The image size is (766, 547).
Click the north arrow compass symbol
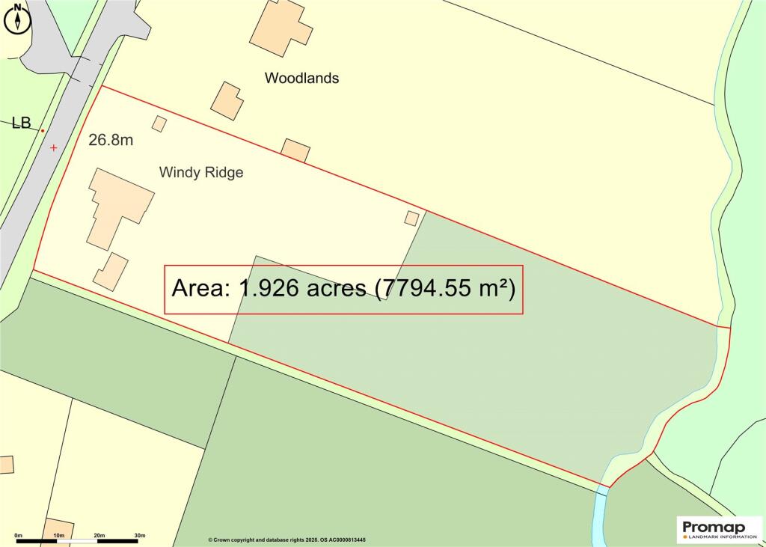17,17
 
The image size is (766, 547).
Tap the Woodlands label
301,78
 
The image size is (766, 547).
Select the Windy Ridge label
201,172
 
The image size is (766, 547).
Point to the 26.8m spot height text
111,140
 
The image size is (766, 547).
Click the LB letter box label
21,123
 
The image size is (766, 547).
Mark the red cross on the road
53,148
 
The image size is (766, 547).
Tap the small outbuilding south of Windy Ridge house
111,271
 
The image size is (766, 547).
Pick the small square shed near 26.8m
159,123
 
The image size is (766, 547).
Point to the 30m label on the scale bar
139,536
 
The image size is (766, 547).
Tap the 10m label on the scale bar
59,536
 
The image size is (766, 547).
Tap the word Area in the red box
198,288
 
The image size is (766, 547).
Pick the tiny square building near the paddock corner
411,218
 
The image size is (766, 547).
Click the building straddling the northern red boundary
295,150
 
